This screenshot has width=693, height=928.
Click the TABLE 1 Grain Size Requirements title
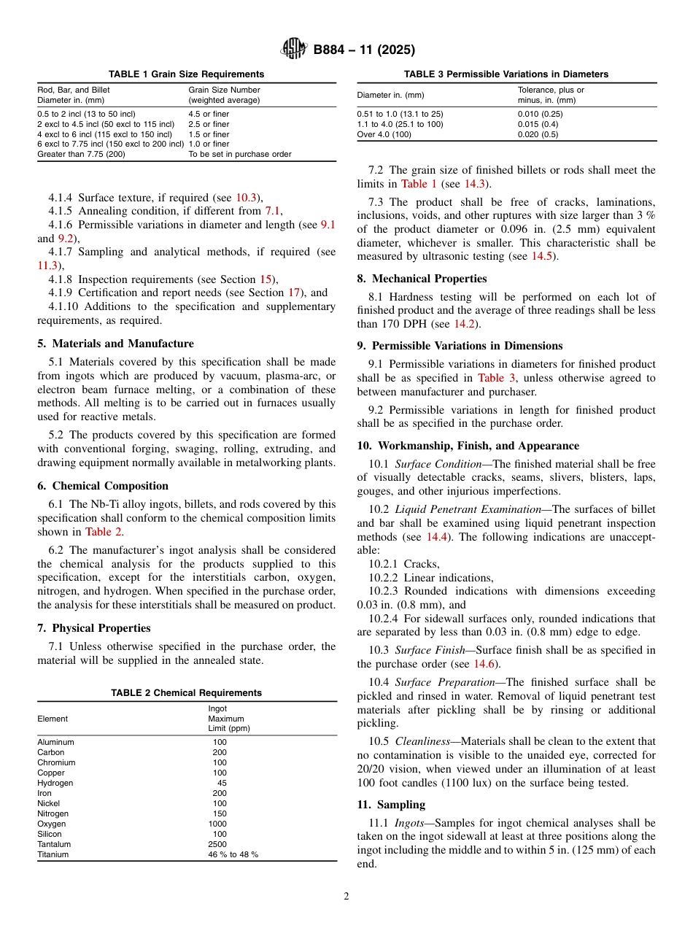(x=187, y=74)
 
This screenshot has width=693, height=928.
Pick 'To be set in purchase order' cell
(x=240, y=155)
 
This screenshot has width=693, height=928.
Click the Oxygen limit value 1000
(x=217, y=824)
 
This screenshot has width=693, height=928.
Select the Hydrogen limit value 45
(x=222, y=783)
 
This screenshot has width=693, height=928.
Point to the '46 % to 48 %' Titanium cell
(x=233, y=854)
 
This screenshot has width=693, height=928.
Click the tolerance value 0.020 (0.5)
(x=539, y=134)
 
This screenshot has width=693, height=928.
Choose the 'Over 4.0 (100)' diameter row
(x=384, y=134)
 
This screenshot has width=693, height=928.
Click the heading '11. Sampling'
(x=391, y=805)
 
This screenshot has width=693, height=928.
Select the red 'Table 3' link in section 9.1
(x=496, y=378)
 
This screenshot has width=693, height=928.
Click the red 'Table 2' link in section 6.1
(x=104, y=532)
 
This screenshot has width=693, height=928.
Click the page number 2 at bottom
(x=346, y=897)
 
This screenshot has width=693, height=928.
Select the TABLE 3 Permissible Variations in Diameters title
(x=506, y=74)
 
